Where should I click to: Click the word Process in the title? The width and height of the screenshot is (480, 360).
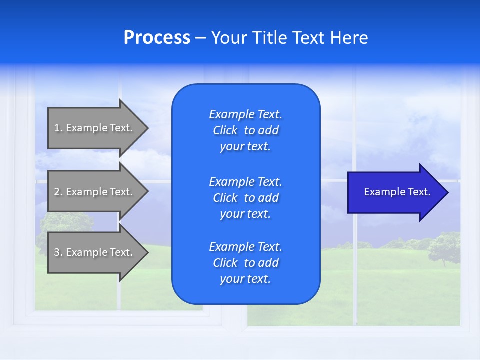157,38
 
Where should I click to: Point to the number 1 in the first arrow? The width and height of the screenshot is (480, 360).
57,128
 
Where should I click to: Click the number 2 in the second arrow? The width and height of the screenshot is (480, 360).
57,192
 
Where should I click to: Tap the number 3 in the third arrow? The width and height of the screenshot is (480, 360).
57,252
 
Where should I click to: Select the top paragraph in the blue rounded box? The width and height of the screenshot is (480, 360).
245,130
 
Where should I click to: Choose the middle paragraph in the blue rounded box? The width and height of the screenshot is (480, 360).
245,198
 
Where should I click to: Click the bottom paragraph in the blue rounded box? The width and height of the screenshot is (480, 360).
245,263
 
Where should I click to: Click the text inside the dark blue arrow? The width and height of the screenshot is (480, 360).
397,192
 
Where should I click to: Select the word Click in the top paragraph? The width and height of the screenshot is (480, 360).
225,130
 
